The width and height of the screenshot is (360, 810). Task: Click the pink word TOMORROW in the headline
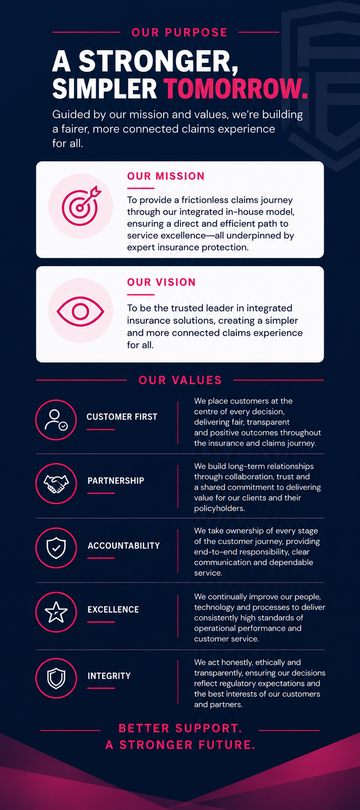tap(236, 89)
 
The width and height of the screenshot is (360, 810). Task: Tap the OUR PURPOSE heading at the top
tap(180, 32)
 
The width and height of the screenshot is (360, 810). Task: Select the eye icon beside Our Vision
tap(81, 311)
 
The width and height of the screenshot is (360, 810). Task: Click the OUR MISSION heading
tap(166, 176)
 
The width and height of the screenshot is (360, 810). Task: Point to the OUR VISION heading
tap(161, 282)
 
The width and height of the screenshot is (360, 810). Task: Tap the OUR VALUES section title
tap(180, 380)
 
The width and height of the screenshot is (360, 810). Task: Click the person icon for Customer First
tap(56, 420)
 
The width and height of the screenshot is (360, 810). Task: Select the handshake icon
tap(56, 484)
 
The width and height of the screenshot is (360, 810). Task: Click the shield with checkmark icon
tap(56, 548)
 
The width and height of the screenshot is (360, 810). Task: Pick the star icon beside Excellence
tap(56, 612)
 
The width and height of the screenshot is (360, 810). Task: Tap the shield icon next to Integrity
tap(56, 678)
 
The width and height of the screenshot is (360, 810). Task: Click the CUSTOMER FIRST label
tap(122, 417)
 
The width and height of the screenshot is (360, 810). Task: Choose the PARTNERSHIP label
tap(116, 481)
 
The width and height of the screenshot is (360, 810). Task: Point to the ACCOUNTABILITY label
tap(124, 546)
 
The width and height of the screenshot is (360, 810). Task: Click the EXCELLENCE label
tap(113, 609)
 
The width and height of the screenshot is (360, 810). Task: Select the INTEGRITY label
tap(109, 676)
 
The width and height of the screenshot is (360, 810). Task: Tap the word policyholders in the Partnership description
tap(219, 508)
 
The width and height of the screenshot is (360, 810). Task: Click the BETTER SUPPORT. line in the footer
tap(180, 728)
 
